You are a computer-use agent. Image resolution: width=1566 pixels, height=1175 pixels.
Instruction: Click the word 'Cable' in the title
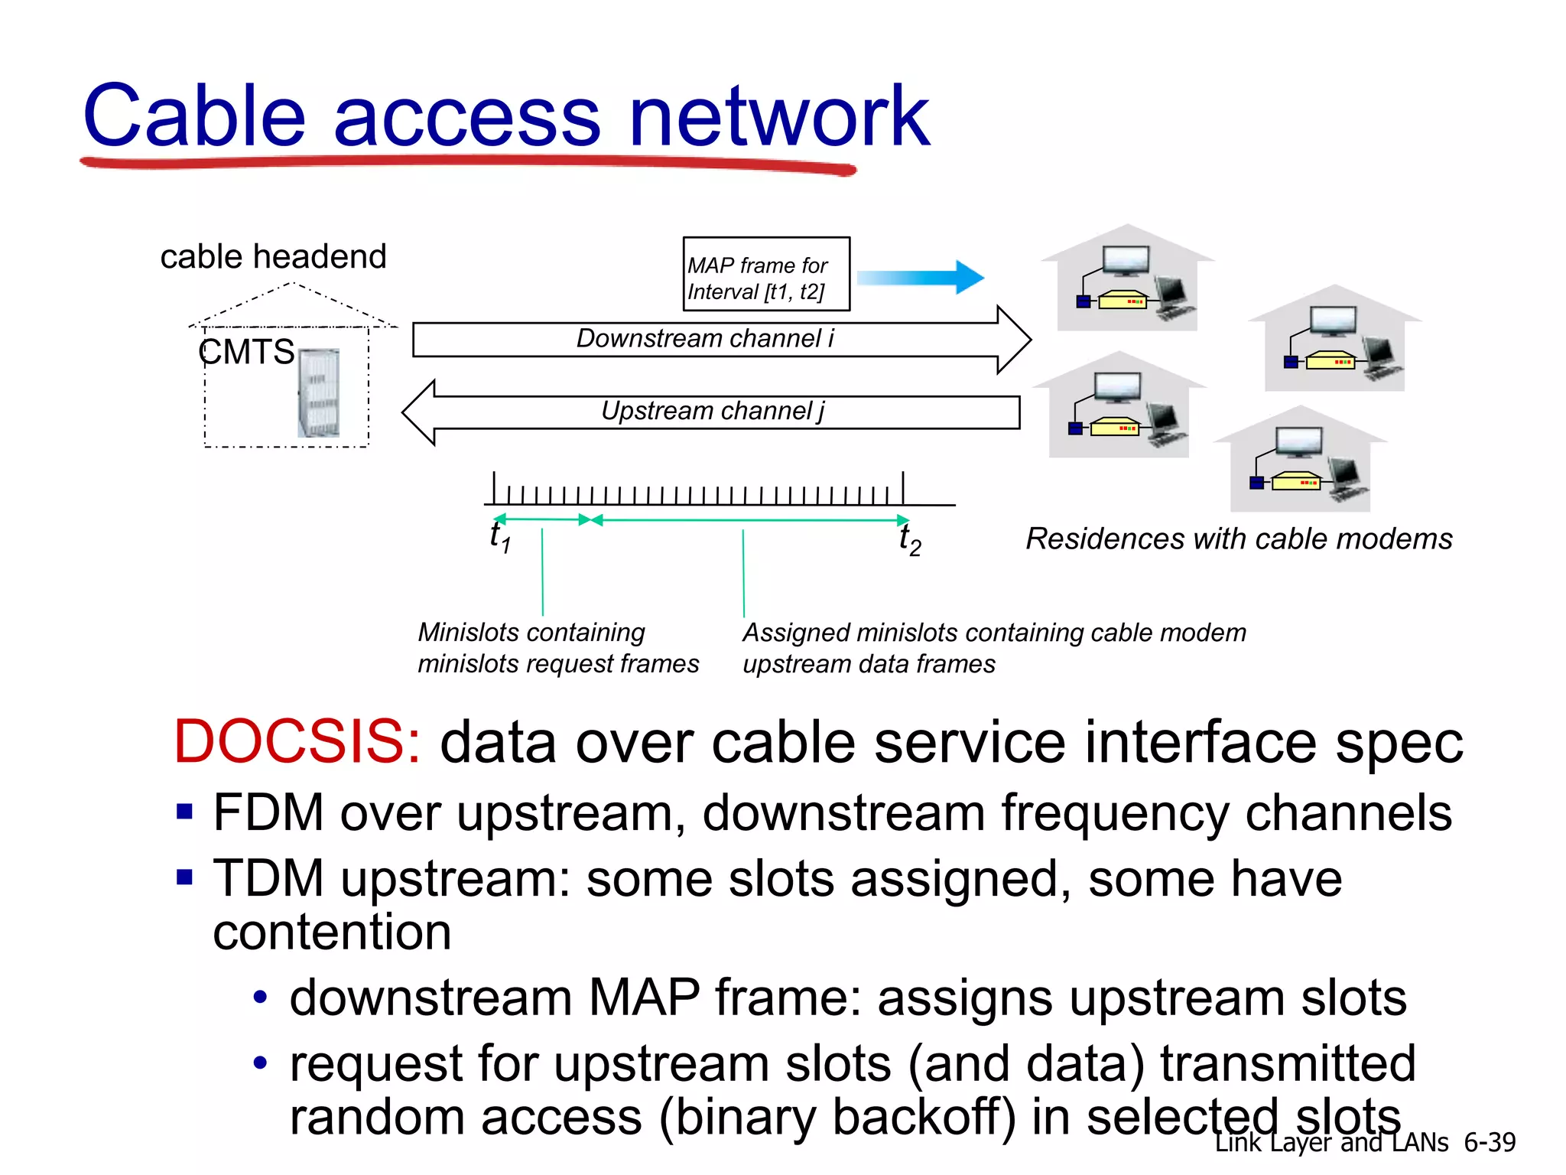pos(194,117)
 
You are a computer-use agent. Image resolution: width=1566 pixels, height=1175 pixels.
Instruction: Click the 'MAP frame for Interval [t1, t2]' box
pos(765,275)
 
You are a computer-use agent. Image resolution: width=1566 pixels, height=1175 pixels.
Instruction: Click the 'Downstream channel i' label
pos(704,339)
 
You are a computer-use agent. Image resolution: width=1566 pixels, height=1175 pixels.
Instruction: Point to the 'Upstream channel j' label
pos(712,412)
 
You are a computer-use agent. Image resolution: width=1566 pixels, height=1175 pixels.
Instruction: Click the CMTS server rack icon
pos(318,393)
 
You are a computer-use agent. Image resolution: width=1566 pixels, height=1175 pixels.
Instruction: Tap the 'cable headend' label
pos(273,256)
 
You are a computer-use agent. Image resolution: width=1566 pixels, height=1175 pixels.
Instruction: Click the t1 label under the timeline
pos(499,536)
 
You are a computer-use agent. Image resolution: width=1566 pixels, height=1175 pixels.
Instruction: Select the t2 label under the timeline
pos(909,539)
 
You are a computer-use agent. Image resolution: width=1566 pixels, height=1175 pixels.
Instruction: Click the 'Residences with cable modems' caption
pos(1238,539)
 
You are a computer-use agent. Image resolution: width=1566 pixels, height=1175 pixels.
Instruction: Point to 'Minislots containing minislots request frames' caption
pos(557,648)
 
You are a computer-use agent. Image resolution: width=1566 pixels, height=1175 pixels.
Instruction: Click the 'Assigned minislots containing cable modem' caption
pos(993,633)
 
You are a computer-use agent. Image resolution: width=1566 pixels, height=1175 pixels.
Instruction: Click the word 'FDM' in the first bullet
pos(268,813)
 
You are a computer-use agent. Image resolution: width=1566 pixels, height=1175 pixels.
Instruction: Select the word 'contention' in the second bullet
pos(332,933)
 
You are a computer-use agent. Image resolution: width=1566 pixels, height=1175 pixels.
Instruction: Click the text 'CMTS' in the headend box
pos(246,353)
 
